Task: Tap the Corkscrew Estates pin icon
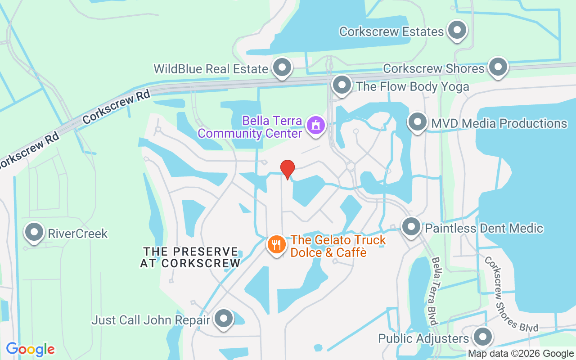pyautogui.click(x=458, y=31)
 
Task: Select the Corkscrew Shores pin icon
pyautogui.click(x=498, y=67)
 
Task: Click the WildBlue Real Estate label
pyautogui.click(x=211, y=69)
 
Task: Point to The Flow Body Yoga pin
pyautogui.click(x=342, y=85)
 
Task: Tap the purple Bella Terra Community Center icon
pyautogui.click(x=315, y=125)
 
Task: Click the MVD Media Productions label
pyautogui.click(x=499, y=123)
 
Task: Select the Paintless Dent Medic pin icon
pyautogui.click(x=411, y=227)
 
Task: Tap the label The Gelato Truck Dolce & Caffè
pyautogui.click(x=338, y=246)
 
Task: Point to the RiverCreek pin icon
pyautogui.click(x=35, y=233)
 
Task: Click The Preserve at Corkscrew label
pyautogui.click(x=190, y=257)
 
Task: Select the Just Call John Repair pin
pyautogui.click(x=224, y=319)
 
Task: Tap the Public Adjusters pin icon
pyautogui.click(x=483, y=337)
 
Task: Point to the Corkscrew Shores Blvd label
pyautogui.click(x=511, y=294)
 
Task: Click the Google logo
pyautogui.click(x=31, y=349)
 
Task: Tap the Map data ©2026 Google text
pyautogui.click(x=521, y=354)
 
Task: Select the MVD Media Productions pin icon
pyautogui.click(x=418, y=122)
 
